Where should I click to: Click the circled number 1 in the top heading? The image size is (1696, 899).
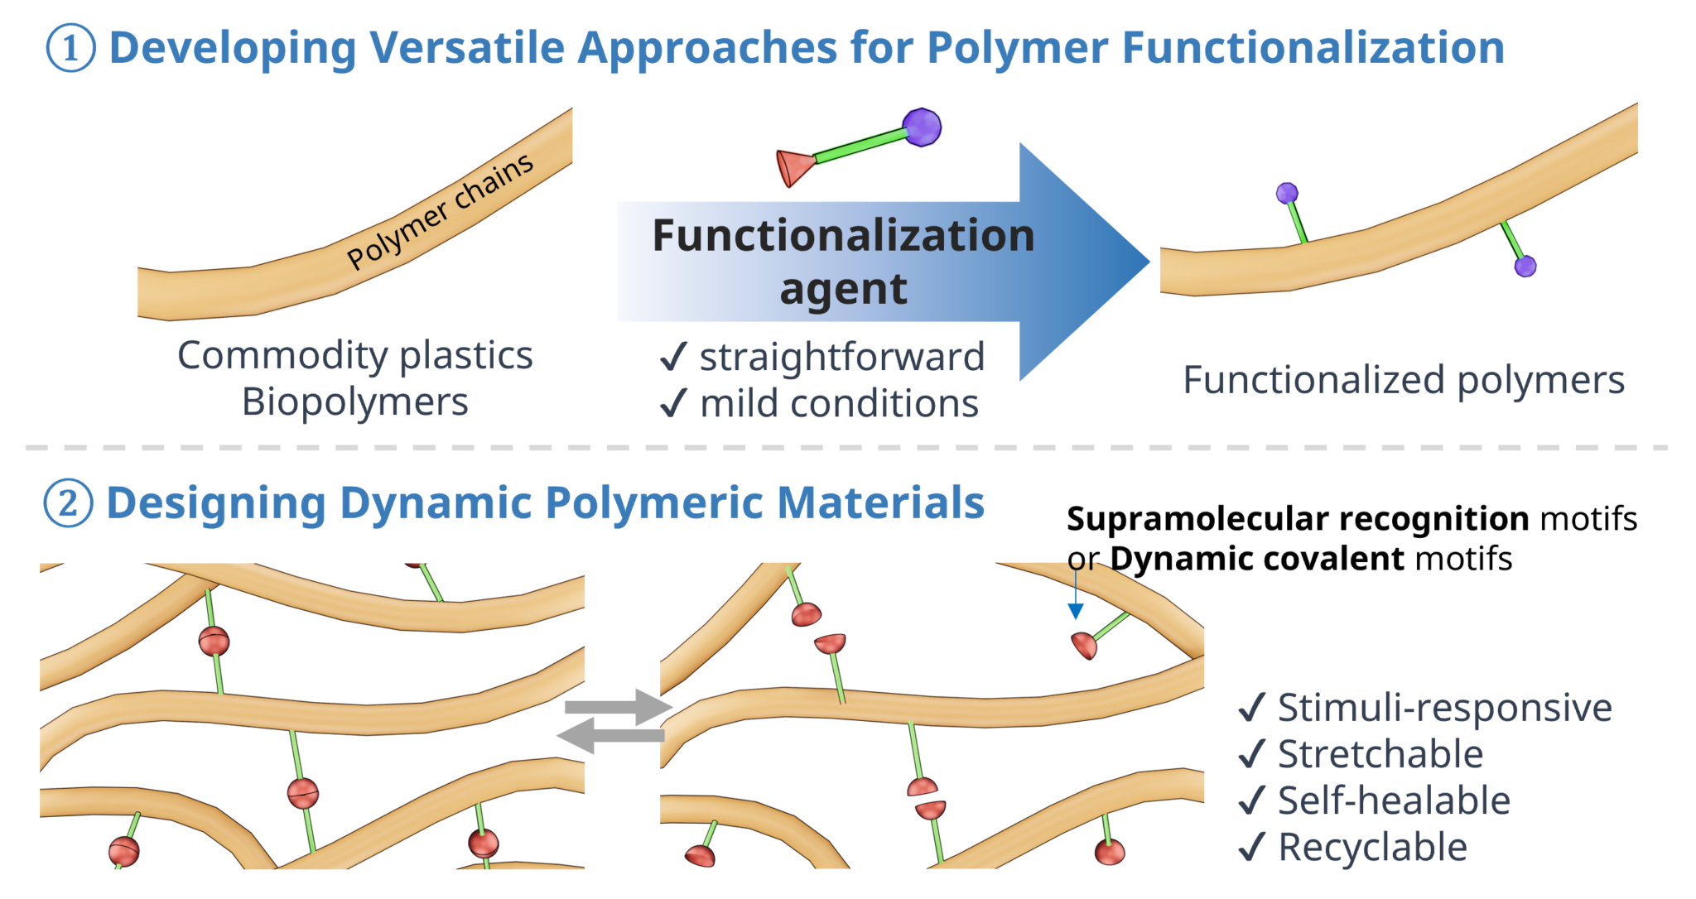70,48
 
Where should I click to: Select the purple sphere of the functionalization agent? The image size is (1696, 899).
922,127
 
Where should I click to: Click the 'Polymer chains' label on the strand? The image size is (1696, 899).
440,212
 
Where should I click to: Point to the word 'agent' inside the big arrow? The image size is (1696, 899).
843,290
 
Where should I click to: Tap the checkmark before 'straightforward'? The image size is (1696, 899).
673,358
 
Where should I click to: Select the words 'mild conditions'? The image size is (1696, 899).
839,404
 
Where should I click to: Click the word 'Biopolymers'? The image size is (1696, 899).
354,402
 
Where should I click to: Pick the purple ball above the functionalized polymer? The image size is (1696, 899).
1287,194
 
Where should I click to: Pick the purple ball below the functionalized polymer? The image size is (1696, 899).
1525,266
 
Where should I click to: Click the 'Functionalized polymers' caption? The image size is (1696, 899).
1404,380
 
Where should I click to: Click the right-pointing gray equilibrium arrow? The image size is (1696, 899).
618,707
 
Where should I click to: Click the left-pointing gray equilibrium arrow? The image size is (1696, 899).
611,735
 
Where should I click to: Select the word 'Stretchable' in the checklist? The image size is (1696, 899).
1380,754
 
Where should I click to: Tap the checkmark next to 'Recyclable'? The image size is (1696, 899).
1251,847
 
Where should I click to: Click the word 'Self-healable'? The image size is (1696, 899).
1394,800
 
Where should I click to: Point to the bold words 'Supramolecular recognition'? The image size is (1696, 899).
1298,519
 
